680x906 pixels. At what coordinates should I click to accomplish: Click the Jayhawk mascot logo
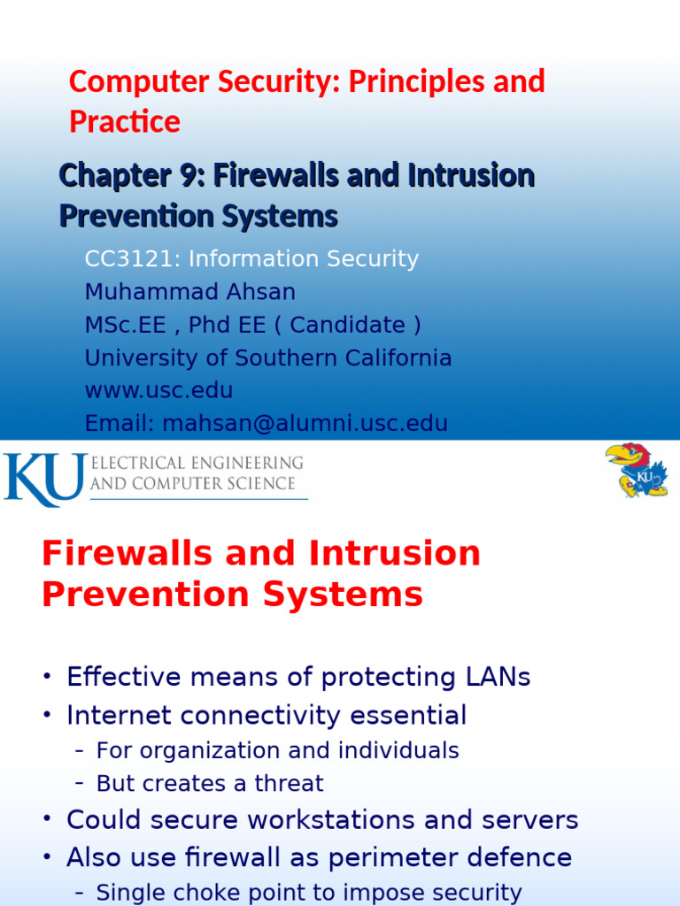coord(636,470)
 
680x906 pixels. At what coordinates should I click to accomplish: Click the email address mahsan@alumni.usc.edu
coord(305,424)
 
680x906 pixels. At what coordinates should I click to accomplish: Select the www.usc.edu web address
coord(158,390)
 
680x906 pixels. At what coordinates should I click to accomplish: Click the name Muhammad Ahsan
coord(189,292)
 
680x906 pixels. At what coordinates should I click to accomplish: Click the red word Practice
coord(125,122)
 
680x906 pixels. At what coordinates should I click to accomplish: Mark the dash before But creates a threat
coord(80,784)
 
